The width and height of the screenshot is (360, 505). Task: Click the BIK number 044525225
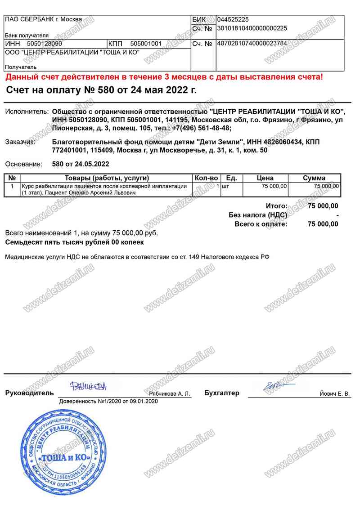[x=233, y=20]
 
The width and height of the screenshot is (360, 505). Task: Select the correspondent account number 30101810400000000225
[x=252, y=28]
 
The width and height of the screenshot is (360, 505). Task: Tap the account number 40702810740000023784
[x=252, y=44]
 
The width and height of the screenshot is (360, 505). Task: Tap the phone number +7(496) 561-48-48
[x=202, y=128]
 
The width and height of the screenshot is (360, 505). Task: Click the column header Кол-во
[x=206, y=178]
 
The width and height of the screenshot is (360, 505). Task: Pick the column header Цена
[x=265, y=178]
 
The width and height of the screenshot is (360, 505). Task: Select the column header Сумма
[x=314, y=178]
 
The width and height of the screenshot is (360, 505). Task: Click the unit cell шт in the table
[x=226, y=186]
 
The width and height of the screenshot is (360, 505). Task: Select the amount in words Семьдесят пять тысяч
[x=74, y=242]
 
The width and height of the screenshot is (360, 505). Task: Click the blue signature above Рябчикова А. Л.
[x=88, y=386]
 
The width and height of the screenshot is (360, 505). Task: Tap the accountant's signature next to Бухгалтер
[x=275, y=386]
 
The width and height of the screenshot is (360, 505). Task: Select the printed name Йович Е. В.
[x=334, y=394]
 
